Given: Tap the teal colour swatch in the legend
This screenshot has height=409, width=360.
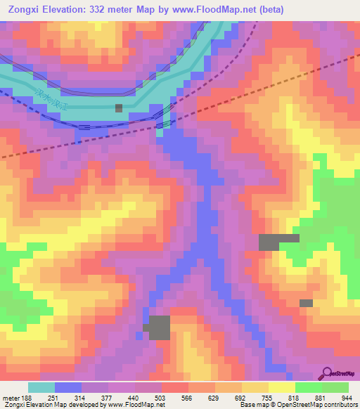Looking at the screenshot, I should [41, 387].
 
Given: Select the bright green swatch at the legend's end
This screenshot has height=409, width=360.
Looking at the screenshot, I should [335, 387].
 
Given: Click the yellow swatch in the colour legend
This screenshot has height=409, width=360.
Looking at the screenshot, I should [282, 387].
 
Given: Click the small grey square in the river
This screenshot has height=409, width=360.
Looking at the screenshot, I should [119, 108].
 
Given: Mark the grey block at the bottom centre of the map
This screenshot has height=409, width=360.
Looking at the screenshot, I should [159, 327].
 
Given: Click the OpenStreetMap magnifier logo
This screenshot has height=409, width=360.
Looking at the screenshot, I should [328, 373].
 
